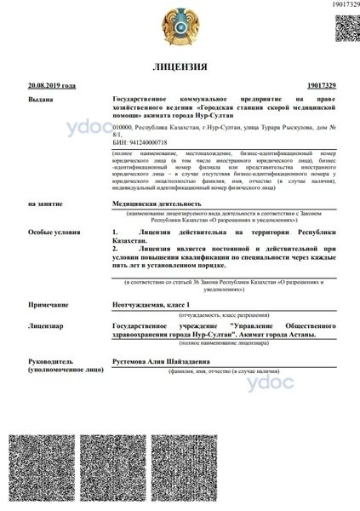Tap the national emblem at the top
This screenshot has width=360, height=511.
(180, 26)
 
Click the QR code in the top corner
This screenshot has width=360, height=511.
(345, 28)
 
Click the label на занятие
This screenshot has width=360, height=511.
(44, 204)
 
